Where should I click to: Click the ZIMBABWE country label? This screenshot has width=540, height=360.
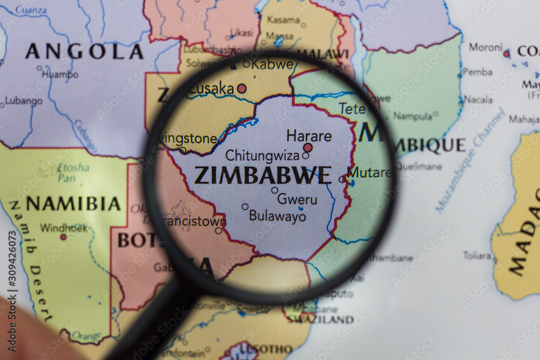tap(262, 175)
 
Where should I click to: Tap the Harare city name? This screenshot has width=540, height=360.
tap(309, 136)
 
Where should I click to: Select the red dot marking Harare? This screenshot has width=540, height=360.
tap(308, 147)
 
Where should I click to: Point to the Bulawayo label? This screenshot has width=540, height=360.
tap(278, 216)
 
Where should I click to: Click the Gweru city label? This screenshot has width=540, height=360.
tap(297, 199)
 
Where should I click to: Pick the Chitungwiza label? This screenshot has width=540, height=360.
tap(262, 156)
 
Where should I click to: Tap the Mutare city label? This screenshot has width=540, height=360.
tap(369, 173)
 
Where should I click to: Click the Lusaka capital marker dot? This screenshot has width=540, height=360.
tap(242, 88)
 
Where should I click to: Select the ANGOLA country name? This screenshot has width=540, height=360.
tap(84, 52)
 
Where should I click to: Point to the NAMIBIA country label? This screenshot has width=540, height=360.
tap(73, 204)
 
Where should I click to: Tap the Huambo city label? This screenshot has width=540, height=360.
tap(60, 74)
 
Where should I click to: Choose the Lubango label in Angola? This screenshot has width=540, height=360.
tap(24, 101)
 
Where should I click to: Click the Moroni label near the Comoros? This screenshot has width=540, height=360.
tap(485, 47)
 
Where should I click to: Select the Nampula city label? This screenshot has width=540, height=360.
tap(413, 116)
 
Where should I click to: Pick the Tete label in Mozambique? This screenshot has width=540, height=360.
tap(353, 108)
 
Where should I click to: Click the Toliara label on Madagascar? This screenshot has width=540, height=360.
tap(477, 255)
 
